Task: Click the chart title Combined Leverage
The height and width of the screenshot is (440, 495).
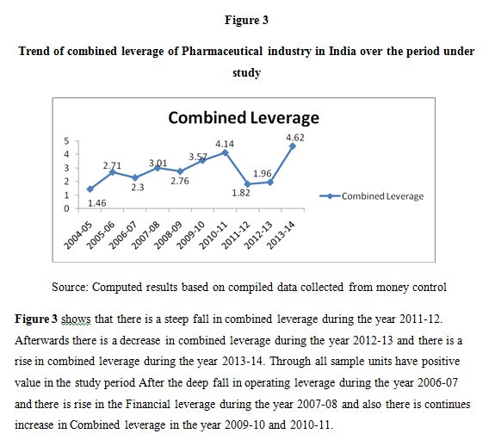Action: (x=244, y=118)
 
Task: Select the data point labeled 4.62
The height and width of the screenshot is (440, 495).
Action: (x=293, y=146)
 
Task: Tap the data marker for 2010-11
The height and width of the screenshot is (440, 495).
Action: (x=225, y=152)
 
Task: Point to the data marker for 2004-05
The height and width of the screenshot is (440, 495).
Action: (x=90, y=189)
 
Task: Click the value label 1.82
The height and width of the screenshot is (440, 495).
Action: (x=241, y=193)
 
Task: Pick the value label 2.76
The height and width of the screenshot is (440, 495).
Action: (x=180, y=181)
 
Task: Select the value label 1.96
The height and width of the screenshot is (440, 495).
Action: (x=263, y=173)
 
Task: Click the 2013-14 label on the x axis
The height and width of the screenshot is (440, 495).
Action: (x=281, y=235)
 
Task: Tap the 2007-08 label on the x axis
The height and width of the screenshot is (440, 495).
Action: (x=145, y=235)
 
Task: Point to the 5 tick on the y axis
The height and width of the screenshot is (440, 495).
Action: (x=66, y=141)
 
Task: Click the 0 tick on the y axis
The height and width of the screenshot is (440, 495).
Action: (x=66, y=208)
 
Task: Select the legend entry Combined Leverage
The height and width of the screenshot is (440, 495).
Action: (x=372, y=196)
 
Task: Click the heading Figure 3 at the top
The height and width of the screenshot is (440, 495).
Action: (x=246, y=20)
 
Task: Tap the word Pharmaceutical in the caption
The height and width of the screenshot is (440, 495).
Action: (x=222, y=51)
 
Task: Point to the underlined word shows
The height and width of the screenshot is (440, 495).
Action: (x=76, y=319)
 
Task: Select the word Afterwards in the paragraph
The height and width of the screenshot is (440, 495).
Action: (x=41, y=340)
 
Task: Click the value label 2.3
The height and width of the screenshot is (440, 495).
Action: (x=138, y=188)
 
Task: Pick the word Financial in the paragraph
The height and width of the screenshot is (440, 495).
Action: (x=148, y=404)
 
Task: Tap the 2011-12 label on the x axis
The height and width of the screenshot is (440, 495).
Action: (x=236, y=235)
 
